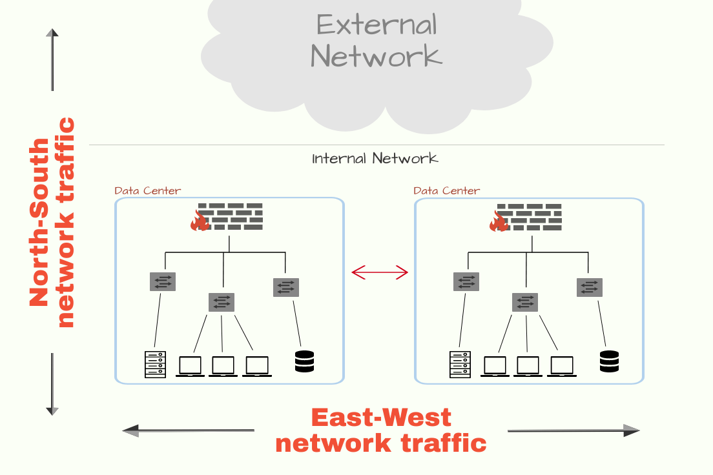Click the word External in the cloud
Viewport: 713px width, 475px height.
(x=377, y=25)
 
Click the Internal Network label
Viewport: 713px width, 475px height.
(x=375, y=158)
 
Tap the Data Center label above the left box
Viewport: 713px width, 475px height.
(x=147, y=190)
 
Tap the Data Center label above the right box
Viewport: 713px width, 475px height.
(x=446, y=190)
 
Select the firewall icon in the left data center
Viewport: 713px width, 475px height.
(x=229, y=217)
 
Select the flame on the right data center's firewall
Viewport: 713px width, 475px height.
(x=499, y=222)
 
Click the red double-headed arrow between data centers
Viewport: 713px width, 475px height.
(x=380, y=273)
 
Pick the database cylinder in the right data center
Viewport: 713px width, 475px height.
(x=608, y=361)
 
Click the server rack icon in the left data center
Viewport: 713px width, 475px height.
(x=155, y=364)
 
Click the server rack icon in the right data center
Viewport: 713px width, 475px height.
(x=460, y=364)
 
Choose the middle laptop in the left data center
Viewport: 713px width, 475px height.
(x=223, y=366)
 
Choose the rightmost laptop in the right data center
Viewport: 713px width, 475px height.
(x=562, y=366)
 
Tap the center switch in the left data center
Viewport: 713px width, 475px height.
(x=222, y=302)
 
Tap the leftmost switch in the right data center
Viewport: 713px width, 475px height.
(x=466, y=281)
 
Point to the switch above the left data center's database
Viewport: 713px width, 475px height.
(x=285, y=287)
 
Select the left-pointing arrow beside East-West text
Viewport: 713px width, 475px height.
(x=188, y=430)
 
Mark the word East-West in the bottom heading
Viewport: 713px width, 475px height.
(x=381, y=418)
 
